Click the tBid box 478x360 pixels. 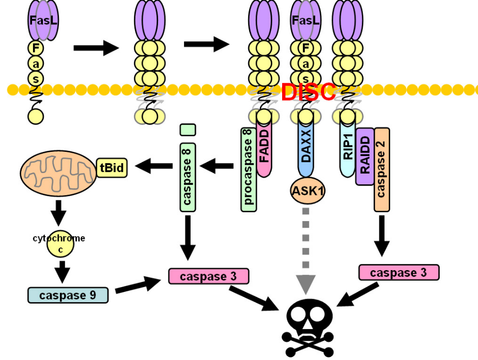point(112,167)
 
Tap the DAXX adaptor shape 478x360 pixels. point(306,148)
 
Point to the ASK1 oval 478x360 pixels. point(307,191)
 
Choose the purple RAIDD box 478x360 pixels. point(365,156)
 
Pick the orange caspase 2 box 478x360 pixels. point(382,169)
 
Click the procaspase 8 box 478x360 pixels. point(249,169)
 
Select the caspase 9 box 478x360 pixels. point(68,295)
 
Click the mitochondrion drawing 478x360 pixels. point(58,173)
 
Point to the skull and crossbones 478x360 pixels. point(308,328)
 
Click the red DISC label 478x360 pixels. point(308,91)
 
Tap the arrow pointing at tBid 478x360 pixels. point(153,166)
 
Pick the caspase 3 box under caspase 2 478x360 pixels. point(399,273)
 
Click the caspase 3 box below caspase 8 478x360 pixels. point(209,276)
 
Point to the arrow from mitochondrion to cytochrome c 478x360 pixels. point(58,213)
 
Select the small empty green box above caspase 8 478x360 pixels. point(188,130)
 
